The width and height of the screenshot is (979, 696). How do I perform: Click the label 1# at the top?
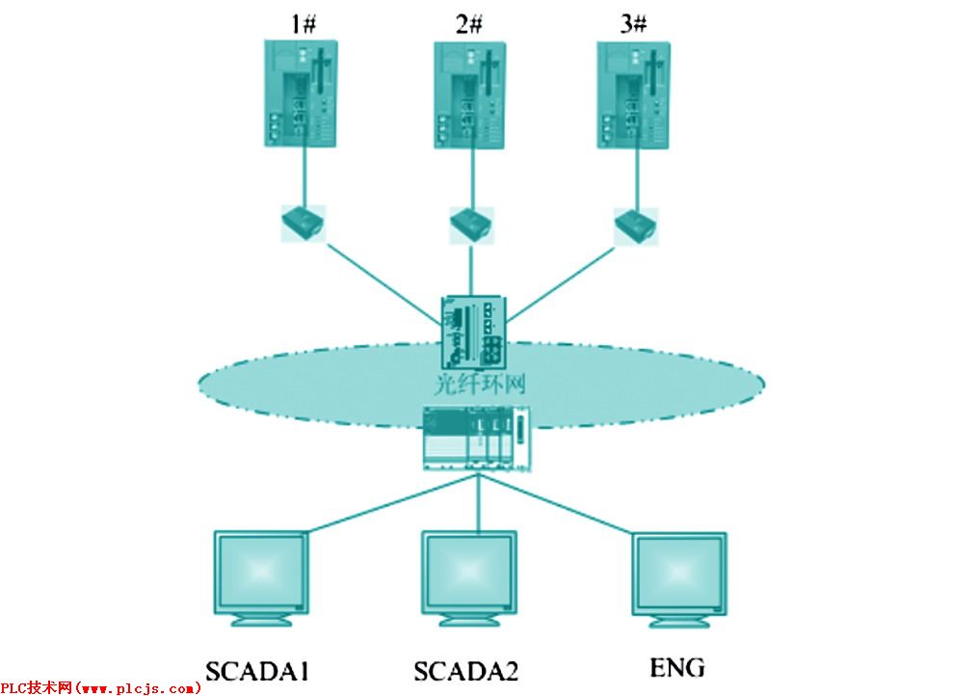[x=303, y=24]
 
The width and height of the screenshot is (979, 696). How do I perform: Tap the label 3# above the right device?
[x=633, y=24]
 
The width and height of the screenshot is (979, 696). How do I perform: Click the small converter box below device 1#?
[x=303, y=224]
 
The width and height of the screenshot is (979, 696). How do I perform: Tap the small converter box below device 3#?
[x=635, y=224]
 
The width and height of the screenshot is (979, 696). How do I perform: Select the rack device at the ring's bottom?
[x=477, y=439]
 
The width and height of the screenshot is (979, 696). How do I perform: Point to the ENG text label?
[x=677, y=667]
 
